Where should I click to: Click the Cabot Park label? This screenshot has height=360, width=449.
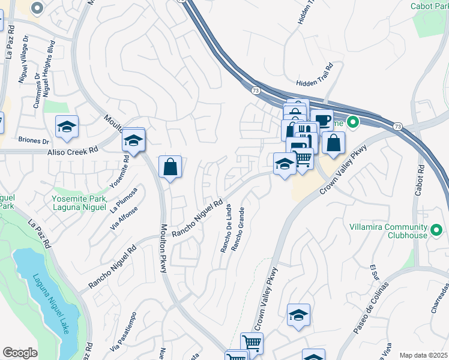coord(429,6)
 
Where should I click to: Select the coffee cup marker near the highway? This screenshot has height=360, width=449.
coord(322,119)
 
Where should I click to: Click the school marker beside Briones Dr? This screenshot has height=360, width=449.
coord(67,127)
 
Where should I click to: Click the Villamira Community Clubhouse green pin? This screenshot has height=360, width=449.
coord(436,228)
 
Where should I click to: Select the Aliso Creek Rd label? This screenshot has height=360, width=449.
coord(72,152)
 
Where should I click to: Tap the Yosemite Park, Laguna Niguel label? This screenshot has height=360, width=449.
coord(80,203)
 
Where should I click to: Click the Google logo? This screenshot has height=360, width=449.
coord(20,352)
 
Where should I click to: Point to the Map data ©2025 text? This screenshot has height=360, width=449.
coord(423,355)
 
